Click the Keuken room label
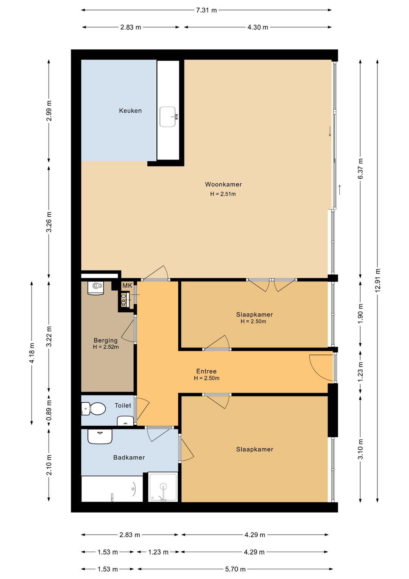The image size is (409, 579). (130, 111)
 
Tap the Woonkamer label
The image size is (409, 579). (223, 184)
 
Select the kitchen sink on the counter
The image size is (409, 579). (168, 117)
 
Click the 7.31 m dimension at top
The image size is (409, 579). (206, 10)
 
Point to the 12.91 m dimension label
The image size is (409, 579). (378, 280)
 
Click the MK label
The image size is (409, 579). (127, 286)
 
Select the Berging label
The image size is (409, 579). (106, 340)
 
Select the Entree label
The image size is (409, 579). (206, 371)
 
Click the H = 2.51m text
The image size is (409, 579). (223, 194)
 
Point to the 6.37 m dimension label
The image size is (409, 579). (361, 168)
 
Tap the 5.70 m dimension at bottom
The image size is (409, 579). (235, 569)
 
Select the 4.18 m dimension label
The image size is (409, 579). (32, 353)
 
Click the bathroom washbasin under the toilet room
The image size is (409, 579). (100, 437)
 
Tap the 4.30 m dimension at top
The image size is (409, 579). (258, 27)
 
